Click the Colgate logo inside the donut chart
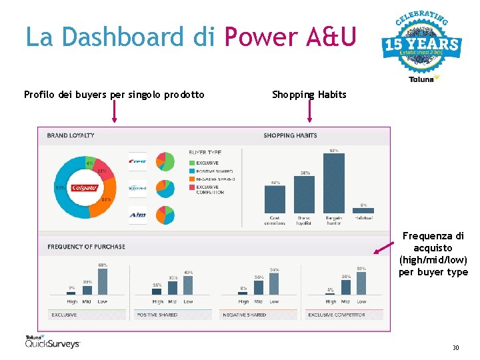(x=85, y=187)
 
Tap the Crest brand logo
(x=138, y=161)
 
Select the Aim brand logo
(x=138, y=215)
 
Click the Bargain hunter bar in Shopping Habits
(x=334, y=183)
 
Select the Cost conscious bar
(x=275, y=199)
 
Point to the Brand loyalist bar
(x=305, y=194)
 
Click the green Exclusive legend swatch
(x=191, y=163)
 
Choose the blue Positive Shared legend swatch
(x=191, y=171)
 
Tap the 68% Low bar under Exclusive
(x=103, y=281)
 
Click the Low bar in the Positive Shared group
(x=189, y=285)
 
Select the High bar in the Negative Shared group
(x=244, y=293)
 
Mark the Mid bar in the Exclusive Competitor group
(x=346, y=288)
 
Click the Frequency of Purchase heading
(x=86, y=247)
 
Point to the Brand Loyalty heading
(x=71, y=135)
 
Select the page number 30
(x=455, y=347)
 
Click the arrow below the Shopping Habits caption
(x=309, y=111)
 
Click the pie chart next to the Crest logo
(x=165, y=161)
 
